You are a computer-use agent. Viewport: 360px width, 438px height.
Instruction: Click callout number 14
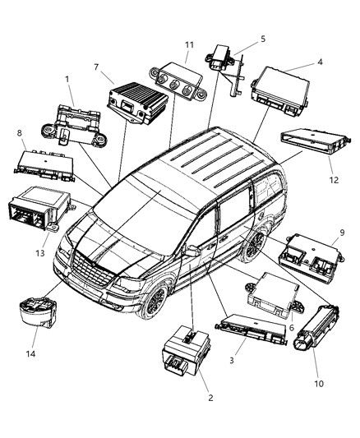(35, 353)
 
